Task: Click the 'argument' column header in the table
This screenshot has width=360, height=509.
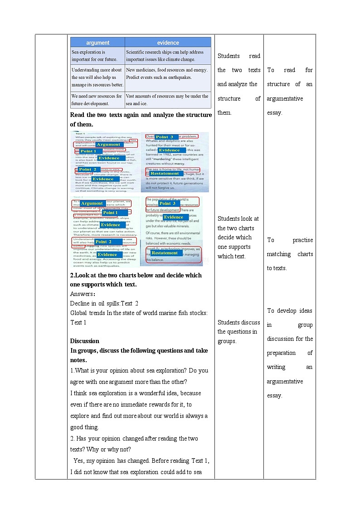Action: pos(97,43)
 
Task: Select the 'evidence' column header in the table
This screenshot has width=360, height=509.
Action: pos(168,43)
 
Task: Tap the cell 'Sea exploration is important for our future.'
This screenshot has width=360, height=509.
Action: pos(97,56)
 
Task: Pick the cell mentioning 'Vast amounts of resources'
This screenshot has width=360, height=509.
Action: pos(167,100)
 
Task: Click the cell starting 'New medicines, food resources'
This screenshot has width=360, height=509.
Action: pos(167,73)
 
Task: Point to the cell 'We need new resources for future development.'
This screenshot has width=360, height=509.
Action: pos(97,100)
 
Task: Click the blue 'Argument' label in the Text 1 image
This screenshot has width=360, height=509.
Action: pos(108,145)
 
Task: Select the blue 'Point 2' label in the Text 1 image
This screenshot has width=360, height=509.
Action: pos(88,170)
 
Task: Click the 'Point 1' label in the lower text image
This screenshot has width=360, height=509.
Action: pos(110,213)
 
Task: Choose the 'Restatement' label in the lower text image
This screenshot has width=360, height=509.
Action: pos(165,253)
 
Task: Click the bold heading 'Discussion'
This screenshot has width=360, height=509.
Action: pos(85,341)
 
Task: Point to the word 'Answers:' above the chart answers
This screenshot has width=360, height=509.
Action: pos(83,294)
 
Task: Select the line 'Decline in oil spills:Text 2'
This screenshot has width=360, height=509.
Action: pos(104,303)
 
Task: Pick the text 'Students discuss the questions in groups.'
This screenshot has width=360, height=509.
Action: pos(238,332)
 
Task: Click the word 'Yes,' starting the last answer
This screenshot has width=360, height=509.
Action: pos(79,461)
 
